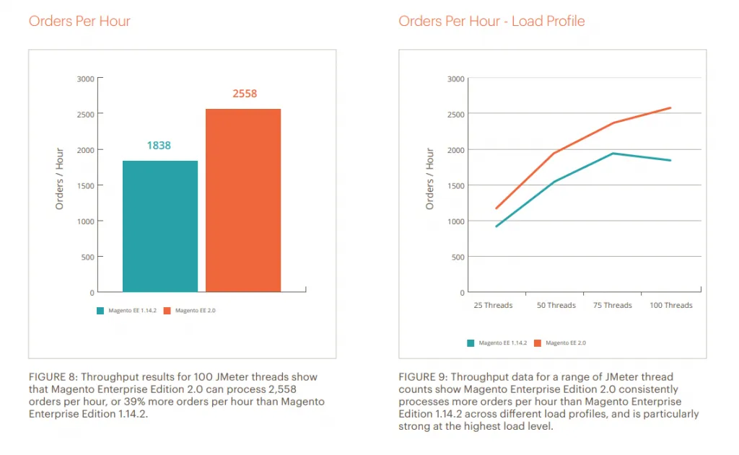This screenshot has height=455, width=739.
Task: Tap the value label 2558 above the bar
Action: (244, 94)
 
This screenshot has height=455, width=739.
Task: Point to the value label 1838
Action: (159, 146)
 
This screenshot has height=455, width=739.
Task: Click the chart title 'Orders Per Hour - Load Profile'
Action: (491, 21)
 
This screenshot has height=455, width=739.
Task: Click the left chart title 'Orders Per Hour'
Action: (79, 21)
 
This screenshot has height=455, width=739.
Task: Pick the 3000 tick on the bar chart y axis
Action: (86, 79)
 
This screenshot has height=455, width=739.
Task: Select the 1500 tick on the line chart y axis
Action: (455, 185)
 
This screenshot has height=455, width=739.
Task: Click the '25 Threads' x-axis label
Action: (493, 306)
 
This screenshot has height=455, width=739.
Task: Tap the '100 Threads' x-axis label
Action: (670, 306)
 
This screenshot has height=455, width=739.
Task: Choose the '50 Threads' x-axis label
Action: (556, 306)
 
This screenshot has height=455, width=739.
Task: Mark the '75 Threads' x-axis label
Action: (612, 306)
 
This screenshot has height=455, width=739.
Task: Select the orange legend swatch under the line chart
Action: (537, 343)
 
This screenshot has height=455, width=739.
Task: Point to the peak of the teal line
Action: (613, 153)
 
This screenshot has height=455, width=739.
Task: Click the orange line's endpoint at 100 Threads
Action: (670, 108)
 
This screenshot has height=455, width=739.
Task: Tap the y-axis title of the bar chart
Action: (60, 179)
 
